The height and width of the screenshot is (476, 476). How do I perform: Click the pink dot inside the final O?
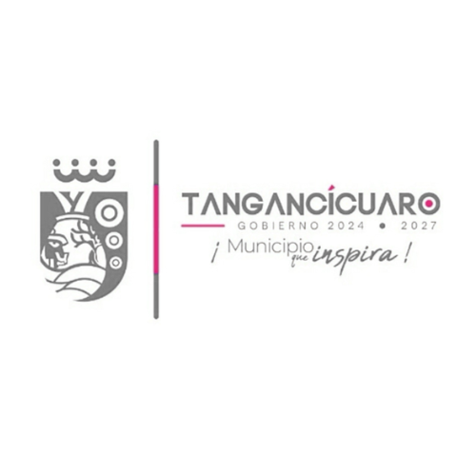429,202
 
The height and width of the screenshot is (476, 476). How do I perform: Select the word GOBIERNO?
278,226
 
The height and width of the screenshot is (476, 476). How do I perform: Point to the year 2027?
419,226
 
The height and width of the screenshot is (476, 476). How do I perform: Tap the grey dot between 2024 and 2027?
383,227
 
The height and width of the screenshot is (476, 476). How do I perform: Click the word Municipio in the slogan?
270,248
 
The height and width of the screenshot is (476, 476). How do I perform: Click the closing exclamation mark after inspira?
405,255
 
